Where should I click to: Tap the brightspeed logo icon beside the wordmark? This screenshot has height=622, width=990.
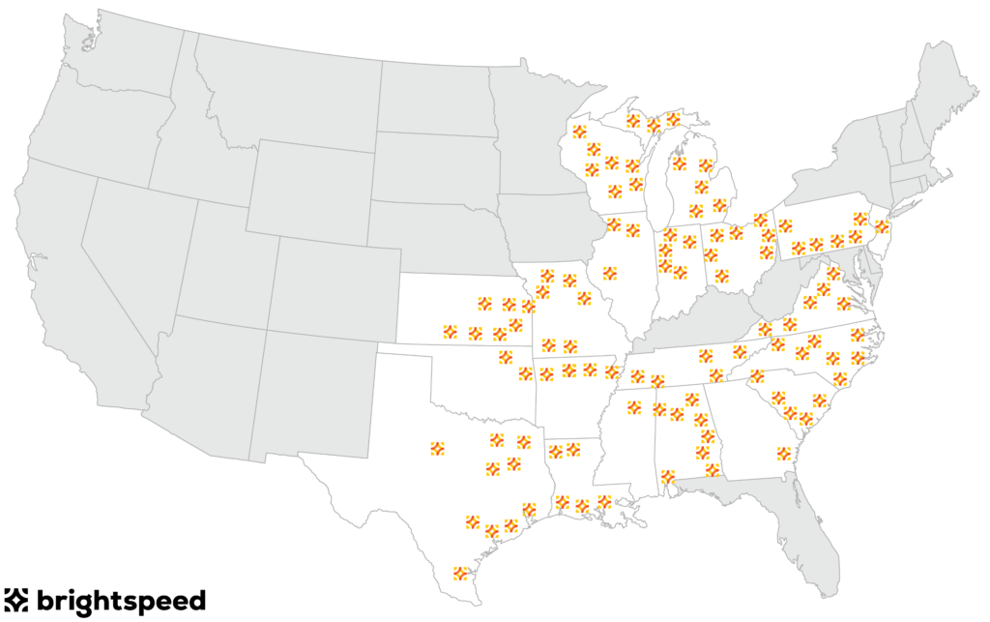[17, 600]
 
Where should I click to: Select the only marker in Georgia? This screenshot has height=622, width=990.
[783, 453]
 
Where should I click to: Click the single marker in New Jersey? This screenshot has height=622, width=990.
[882, 227]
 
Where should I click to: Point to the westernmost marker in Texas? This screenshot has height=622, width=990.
[437, 448]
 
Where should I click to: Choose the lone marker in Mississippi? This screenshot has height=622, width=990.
[634, 406]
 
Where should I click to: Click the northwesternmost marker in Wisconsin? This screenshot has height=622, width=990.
[579, 132]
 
